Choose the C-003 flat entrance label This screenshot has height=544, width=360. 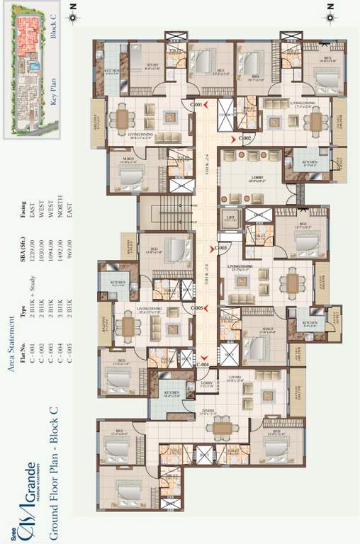(220, 248)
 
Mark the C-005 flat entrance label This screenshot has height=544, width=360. (198, 309)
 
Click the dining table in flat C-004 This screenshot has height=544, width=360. (224, 427)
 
